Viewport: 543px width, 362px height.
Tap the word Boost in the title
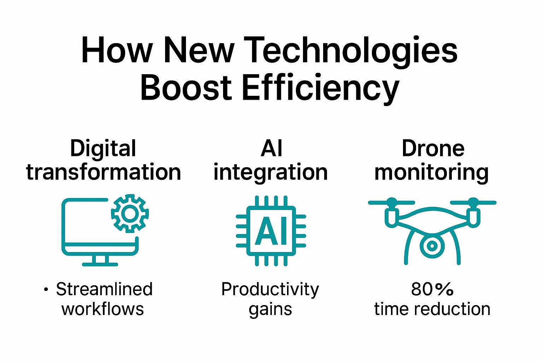(x=186, y=87)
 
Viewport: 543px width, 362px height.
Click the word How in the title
(x=117, y=51)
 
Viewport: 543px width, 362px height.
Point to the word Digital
(x=103, y=148)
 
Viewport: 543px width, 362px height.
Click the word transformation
(x=103, y=172)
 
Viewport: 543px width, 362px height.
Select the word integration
(x=270, y=173)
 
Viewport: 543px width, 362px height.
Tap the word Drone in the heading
(x=433, y=148)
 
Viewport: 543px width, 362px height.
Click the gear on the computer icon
(x=130, y=213)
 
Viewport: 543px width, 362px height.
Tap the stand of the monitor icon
(x=100, y=261)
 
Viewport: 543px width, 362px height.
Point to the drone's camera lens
(x=432, y=245)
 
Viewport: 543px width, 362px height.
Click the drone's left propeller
(x=391, y=203)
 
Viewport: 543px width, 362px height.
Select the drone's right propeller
(x=473, y=203)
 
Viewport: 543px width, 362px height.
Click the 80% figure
(x=432, y=289)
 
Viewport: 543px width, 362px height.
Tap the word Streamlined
(x=104, y=289)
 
